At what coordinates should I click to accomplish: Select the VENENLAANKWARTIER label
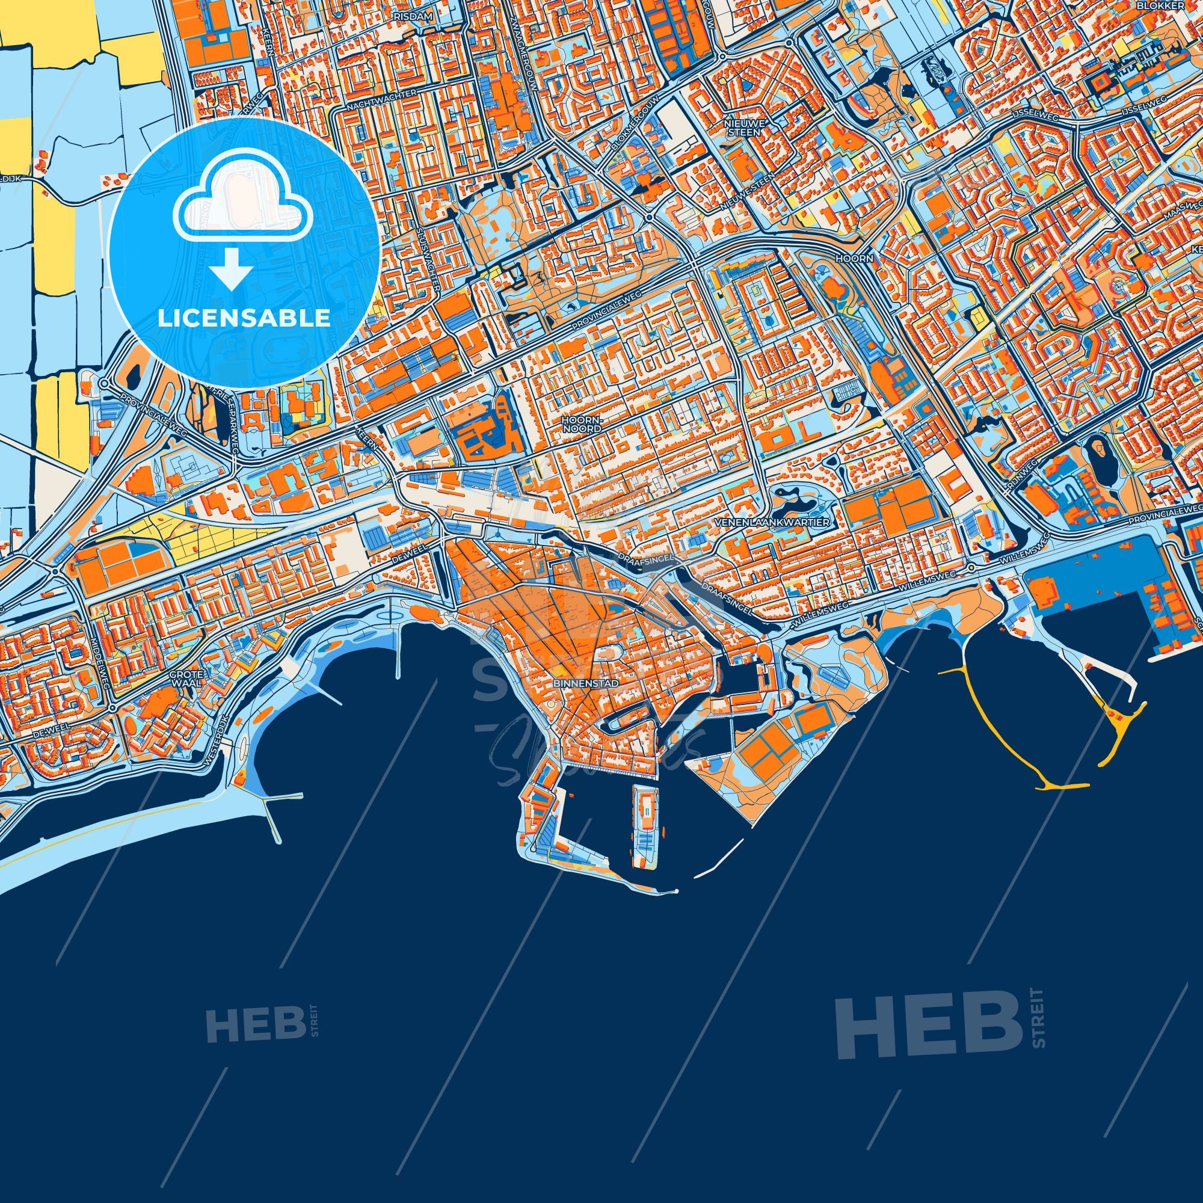773,522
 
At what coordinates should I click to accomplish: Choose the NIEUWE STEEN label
742,128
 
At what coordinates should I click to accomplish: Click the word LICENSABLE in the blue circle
244,318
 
